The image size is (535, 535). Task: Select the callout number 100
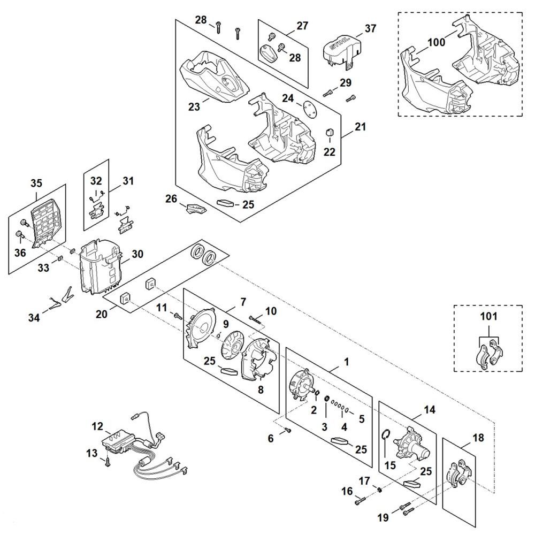pos(436,42)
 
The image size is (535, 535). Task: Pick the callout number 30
pos(138,255)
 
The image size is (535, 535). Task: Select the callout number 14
pos(429,410)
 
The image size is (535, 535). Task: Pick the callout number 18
pos(478,438)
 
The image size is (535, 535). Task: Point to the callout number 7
pos(243,303)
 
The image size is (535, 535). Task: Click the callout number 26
pos(171,198)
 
